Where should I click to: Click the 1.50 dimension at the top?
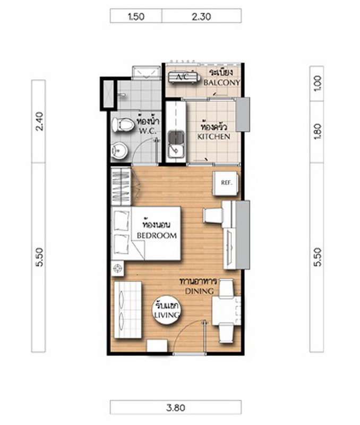coord(136,16)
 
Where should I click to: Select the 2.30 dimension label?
coord(201,16)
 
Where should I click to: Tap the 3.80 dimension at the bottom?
coord(176,407)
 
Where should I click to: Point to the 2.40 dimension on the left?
coord(39,121)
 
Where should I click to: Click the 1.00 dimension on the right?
coord(318,83)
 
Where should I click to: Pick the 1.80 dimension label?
coord(318,132)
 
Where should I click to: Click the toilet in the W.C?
coord(123,125)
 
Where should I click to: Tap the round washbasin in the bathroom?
coord(119,151)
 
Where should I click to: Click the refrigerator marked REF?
coord(226,183)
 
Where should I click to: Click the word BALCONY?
coord(221,82)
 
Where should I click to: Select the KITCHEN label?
coord(214,137)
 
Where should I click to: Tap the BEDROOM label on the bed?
coord(157,235)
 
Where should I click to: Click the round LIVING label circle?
coord(166,310)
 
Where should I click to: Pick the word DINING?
coord(199,291)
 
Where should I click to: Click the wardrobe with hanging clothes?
coord(121,186)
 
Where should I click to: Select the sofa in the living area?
coord(127,310)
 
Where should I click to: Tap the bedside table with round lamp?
coord(117,269)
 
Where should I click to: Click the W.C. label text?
coord(148,131)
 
